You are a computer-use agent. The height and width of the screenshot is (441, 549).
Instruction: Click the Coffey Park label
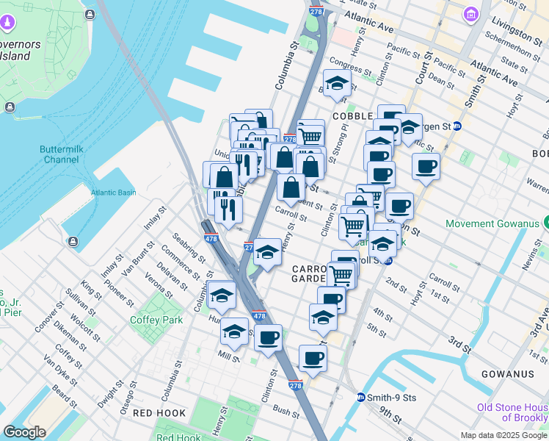pos(156,320)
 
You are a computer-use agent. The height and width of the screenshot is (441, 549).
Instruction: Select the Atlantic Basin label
pos(114,193)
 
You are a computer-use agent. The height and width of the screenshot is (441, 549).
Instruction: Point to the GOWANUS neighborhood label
pos(507,374)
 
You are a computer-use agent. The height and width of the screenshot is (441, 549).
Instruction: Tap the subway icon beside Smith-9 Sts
pos(361,398)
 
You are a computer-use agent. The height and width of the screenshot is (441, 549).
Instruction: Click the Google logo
pos(25,432)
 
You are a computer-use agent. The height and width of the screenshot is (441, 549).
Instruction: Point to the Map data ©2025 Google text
pos(503,435)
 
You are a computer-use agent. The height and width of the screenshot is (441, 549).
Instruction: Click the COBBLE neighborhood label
pos(352,116)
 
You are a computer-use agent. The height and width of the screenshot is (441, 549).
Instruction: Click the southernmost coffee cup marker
pos(313,358)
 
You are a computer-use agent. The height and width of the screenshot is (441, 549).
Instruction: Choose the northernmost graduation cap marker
pos(337,83)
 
